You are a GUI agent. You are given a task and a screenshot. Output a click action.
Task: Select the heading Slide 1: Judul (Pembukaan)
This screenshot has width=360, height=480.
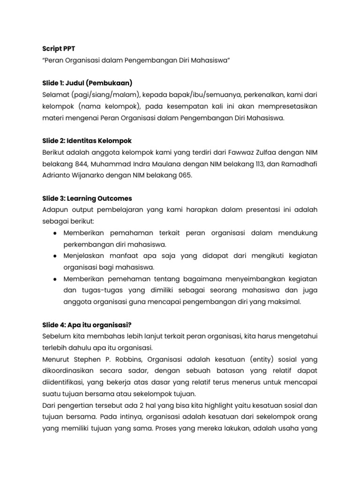coord(87,83)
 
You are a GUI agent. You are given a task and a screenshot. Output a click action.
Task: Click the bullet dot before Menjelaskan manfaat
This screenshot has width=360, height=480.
coord(55,255)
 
